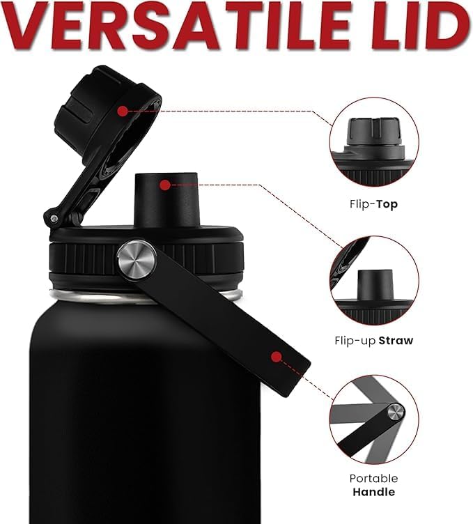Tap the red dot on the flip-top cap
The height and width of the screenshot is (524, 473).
click(x=123, y=111)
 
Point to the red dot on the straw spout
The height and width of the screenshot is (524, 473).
click(x=164, y=185)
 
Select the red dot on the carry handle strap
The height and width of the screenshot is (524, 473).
click(x=277, y=357)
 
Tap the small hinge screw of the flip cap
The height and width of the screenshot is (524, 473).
click(x=54, y=219)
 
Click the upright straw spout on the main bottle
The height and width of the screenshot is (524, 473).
click(x=166, y=200)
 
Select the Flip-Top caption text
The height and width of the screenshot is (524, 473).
click(x=374, y=204)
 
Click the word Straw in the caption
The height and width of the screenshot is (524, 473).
click(x=396, y=341)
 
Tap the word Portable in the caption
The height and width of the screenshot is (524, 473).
click(x=374, y=478)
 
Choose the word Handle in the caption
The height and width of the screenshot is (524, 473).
click(x=374, y=492)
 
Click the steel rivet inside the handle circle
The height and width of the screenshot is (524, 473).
click(x=396, y=412)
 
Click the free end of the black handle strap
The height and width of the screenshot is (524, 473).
click(x=295, y=377)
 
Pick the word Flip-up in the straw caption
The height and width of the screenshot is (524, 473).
click(x=355, y=341)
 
